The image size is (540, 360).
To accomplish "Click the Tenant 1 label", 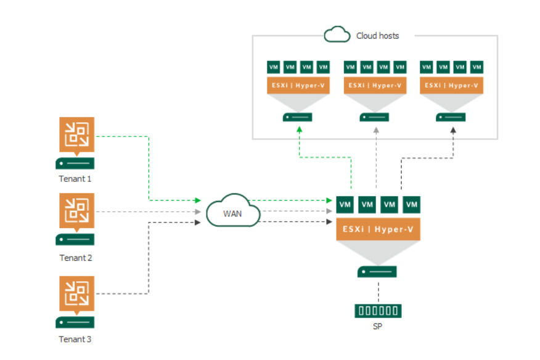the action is [x=75, y=179].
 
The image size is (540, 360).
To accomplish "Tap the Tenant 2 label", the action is [x=76, y=258].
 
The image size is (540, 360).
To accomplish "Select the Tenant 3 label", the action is [x=75, y=339].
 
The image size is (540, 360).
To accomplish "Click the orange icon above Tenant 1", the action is [x=77, y=136].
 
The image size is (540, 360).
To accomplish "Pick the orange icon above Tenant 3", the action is [x=77, y=295].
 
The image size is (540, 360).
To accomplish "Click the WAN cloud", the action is [x=233, y=211].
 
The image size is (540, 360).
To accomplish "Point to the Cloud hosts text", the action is [x=377, y=36].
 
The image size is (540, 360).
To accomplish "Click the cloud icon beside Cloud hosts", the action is [x=337, y=35].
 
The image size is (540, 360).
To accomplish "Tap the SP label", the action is [x=377, y=326].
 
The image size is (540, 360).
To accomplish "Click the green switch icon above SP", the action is [x=378, y=311].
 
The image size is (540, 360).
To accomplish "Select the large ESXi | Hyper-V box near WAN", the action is [x=378, y=229].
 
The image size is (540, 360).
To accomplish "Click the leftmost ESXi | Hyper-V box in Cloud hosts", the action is [x=298, y=86].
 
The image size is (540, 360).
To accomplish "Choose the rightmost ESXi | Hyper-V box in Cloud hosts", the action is [x=451, y=86].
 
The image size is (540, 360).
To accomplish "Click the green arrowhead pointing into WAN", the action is [x=198, y=200].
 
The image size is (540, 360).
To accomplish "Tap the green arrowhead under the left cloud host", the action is [x=300, y=129].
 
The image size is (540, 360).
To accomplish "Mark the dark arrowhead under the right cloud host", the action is [x=453, y=130].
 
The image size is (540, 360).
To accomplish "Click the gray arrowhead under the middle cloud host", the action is [x=376, y=130].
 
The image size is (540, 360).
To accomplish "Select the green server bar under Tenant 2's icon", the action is [x=75, y=239].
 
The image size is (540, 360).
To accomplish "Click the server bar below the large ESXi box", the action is [x=377, y=272].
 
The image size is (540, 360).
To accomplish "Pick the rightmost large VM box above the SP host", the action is [x=412, y=205].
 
